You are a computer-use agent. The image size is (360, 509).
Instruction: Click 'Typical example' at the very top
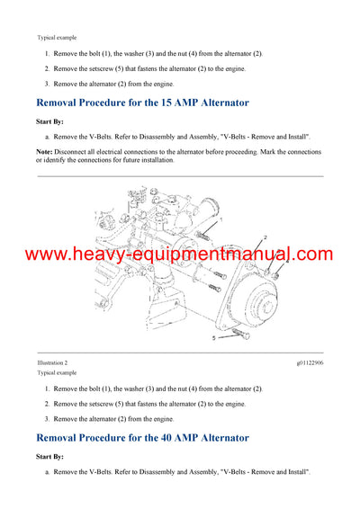coord(57,38)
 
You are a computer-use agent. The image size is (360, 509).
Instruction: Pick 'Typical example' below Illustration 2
coord(57,372)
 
